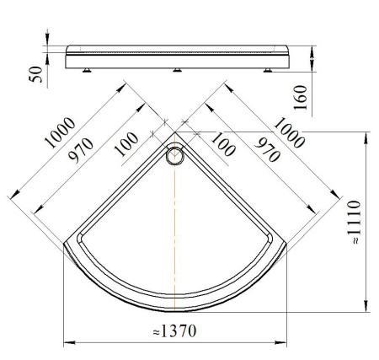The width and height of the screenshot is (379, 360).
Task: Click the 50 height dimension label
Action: coord(36,75)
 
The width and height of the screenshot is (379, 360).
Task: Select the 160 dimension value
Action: coord(300,98)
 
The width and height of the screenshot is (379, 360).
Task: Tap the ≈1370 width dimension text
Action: coord(174,331)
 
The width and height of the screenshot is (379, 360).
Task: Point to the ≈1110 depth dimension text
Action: coord(354,222)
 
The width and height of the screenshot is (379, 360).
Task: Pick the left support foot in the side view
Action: coord(87,70)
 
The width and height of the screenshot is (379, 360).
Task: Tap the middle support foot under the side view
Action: coord(177,70)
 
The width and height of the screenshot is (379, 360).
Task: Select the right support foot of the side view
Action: coord(268,70)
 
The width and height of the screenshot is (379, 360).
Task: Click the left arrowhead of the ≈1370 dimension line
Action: coord(70,342)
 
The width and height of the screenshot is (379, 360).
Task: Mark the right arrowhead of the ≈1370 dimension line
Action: coord(280,342)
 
